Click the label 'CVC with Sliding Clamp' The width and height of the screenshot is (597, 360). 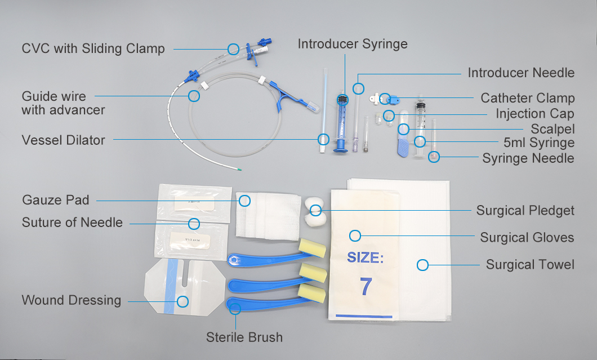tap(93, 48)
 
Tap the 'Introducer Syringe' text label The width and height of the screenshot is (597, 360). tap(353, 44)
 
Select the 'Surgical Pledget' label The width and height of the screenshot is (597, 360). tap(525, 211)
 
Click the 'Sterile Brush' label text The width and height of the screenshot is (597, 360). tap(244, 337)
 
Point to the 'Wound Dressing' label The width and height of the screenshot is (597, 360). tap(72, 300)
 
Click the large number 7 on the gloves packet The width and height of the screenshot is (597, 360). tap(366, 287)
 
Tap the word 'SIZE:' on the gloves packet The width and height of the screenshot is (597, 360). tap(365, 258)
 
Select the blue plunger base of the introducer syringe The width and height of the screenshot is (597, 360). tap(340, 149)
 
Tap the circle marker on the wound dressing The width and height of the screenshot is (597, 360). tap(182, 301)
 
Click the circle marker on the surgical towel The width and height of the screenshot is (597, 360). tap(422, 264)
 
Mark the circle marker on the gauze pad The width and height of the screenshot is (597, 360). tap(244, 200)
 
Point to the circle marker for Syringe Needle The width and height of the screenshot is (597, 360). tap(433, 157)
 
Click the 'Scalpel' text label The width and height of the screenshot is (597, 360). tap(552, 129)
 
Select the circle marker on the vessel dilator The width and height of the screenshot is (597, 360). tap(323, 139)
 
